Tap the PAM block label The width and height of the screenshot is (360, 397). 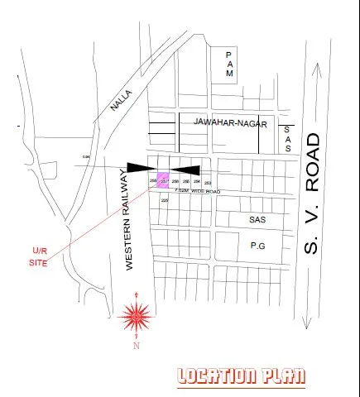tap(231, 64)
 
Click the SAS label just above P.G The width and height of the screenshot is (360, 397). tap(257, 221)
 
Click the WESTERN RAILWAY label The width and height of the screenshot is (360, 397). tap(128, 219)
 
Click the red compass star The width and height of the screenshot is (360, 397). tap(136, 315)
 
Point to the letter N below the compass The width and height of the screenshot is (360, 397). tap(136, 347)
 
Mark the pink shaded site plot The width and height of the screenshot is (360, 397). tap(164, 181)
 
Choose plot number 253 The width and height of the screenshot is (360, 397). tap(207, 182)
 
